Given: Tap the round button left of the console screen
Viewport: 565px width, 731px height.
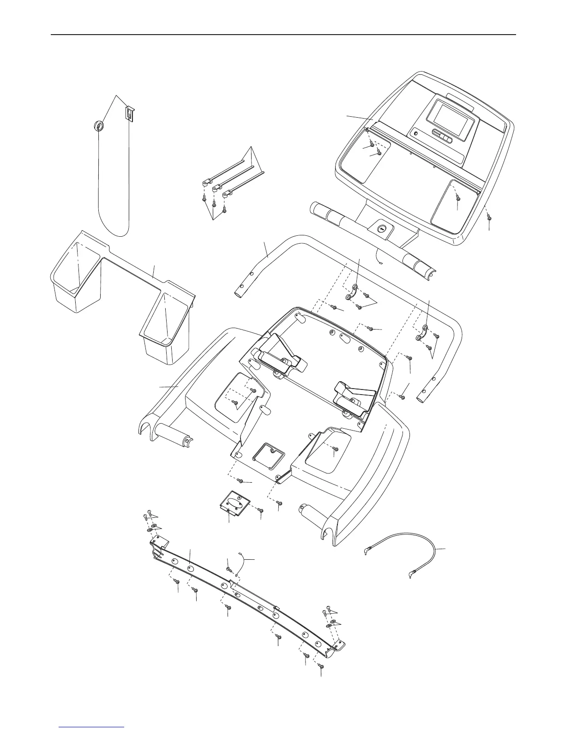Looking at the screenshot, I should click(415, 134).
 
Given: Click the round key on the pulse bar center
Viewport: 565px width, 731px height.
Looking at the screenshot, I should click(381, 228).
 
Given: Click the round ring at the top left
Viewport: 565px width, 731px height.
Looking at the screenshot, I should click(98, 126).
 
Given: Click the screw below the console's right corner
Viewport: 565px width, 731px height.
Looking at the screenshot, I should click(489, 217).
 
